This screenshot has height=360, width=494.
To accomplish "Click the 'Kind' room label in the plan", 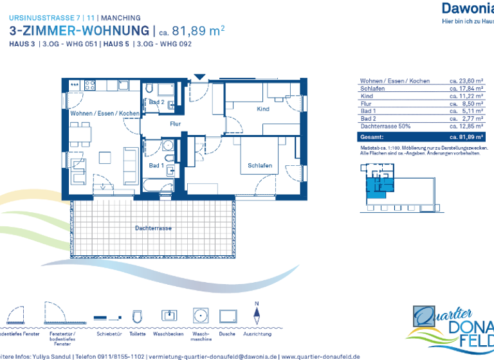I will point(262,109).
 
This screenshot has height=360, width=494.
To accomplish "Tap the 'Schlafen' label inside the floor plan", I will point(260,166).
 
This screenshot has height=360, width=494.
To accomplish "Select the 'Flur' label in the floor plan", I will point(175,123).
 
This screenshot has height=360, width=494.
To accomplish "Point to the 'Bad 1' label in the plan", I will point(156,166).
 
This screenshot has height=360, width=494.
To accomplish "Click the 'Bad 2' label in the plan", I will point(156,102).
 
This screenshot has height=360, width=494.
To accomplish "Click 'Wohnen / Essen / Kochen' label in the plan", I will point(105,113).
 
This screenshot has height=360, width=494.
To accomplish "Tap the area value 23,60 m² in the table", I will point(466,81).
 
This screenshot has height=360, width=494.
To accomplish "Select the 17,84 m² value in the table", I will point(466,89).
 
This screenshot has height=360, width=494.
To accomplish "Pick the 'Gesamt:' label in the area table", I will point(372,137).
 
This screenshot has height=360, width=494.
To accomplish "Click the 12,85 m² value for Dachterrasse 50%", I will point(466,126).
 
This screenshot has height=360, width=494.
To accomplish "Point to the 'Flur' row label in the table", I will point(366,104).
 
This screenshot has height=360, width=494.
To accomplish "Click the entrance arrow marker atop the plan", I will point(199,78).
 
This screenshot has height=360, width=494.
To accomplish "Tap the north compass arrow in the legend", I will point(257,317).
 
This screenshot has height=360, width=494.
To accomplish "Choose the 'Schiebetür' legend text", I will point(107,334).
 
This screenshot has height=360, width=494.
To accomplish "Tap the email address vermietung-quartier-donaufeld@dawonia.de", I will point(213,356).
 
